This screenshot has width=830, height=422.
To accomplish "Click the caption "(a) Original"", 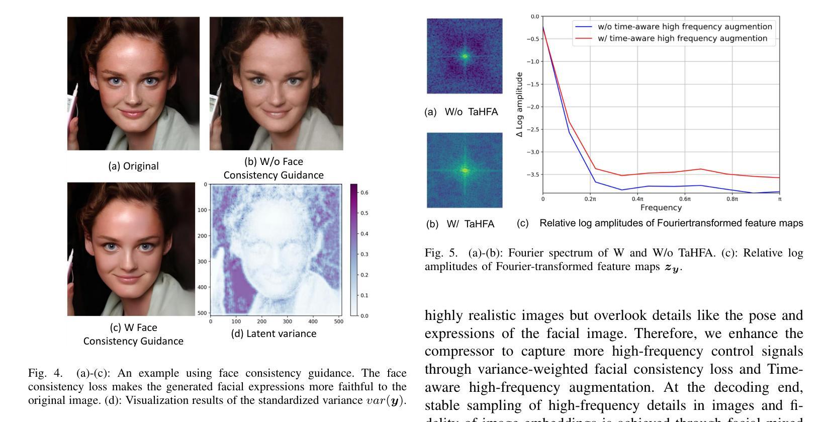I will [133, 166].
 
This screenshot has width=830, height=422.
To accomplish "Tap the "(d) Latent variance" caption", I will [273, 333].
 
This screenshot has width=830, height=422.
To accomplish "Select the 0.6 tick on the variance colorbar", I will [364, 193].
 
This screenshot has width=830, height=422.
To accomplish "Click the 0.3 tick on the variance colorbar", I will [364, 255].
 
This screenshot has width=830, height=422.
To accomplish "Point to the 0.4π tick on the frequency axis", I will [637, 199].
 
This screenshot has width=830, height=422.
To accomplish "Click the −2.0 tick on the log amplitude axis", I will [533, 107].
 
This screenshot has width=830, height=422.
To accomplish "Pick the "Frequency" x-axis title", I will [661, 208].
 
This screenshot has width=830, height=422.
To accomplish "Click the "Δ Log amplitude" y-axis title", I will [520, 105].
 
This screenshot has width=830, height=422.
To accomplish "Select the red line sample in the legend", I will [583, 38].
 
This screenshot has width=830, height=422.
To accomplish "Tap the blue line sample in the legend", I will [583, 27].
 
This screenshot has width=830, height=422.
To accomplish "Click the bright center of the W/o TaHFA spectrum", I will [465, 56].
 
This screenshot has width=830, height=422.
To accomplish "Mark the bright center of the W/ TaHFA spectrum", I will [465, 171].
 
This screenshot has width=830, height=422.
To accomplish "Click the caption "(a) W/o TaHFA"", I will [461, 112].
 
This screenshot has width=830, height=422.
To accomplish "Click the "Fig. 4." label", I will [45, 373].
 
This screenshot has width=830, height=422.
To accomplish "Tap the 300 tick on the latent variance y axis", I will [202, 262].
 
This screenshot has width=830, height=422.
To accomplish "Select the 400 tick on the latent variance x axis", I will [313, 321].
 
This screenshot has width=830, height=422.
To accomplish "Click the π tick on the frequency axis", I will [779, 199].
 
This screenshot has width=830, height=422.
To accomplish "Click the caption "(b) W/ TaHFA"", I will [460, 224].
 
